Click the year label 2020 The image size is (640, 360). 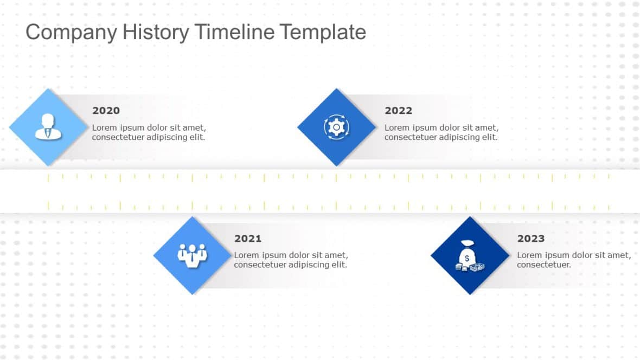pyautogui.click(x=106, y=111)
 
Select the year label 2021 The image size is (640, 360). pyautogui.click(x=248, y=239)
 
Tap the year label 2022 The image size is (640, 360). pyautogui.click(x=398, y=111)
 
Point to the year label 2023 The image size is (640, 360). pyautogui.click(x=531, y=239)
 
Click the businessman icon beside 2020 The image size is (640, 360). pyautogui.click(x=48, y=126)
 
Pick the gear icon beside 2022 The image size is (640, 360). pyautogui.click(x=336, y=127)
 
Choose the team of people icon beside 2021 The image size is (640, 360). pyautogui.click(x=192, y=255)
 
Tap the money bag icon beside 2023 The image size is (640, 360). pyautogui.click(x=469, y=256)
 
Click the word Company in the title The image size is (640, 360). pyautogui.click(x=72, y=33)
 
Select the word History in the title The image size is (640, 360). pyautogui.click(x=156, y=32)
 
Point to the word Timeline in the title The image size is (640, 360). pyautogui.click(x=235, y=32)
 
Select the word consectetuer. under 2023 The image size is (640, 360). pyautogui.click(x=543, y=265)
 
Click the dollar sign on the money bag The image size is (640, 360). pyautogui.click(x=467, y=259)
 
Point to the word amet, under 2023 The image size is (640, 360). pyautogui.click(x=619, y=255)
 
